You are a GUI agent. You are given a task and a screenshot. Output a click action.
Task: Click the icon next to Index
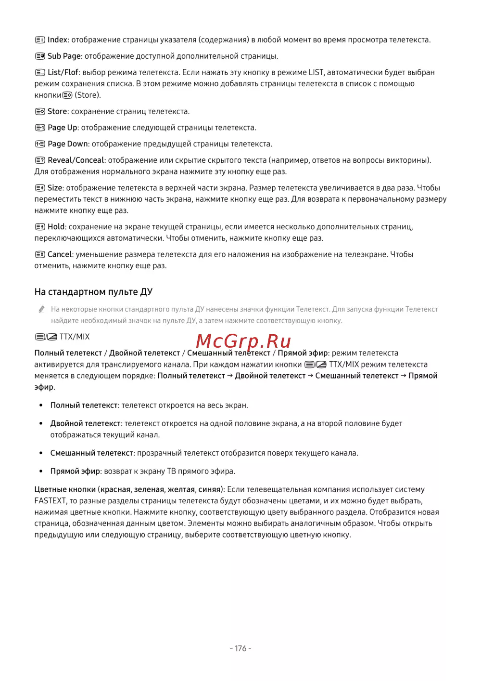40,40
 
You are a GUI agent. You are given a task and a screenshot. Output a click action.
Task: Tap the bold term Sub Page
64,56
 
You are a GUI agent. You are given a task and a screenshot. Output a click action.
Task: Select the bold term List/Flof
63,73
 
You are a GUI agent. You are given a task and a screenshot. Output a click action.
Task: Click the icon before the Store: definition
40,112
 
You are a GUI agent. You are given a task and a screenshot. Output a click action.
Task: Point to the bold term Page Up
63,128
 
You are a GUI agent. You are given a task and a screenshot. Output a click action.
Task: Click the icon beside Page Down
40,144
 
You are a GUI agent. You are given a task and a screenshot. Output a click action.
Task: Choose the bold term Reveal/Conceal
76,160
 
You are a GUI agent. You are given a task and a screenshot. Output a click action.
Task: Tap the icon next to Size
40,188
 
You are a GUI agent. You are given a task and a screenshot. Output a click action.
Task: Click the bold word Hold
56,227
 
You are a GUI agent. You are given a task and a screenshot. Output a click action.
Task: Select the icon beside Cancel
40,255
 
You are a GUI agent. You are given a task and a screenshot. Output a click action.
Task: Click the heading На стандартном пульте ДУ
93,292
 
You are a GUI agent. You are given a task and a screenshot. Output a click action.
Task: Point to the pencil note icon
42,310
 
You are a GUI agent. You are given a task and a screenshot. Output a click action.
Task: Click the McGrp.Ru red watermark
243,341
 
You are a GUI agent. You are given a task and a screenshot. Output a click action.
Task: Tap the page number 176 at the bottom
240,649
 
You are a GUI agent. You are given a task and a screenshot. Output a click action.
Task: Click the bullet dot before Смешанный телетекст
41,453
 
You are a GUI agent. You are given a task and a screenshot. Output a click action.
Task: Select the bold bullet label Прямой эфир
75,471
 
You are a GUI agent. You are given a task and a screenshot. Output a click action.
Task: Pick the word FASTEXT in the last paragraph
50,501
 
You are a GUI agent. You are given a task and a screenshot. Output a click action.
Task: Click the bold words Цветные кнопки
65,490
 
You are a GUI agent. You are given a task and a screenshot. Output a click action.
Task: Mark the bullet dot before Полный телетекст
41,406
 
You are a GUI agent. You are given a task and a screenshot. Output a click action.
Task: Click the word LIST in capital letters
316,73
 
